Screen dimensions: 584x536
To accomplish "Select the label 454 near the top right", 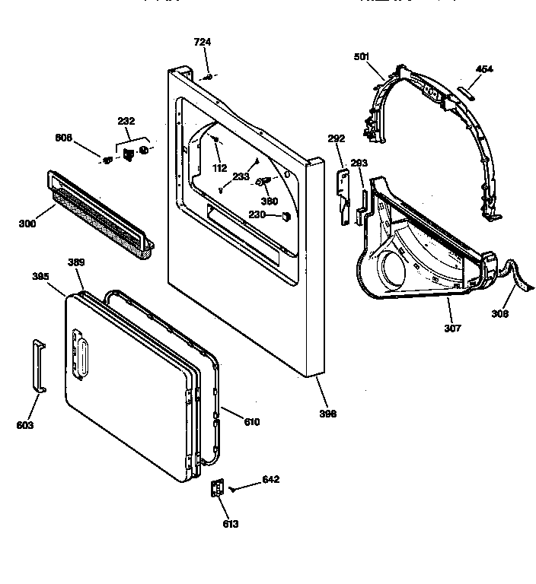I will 484,69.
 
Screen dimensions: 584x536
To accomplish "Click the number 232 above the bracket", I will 126,121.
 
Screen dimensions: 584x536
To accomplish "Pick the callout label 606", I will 64,138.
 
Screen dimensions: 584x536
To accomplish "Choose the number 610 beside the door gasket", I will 251,421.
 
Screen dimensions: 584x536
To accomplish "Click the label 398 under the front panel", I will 327,414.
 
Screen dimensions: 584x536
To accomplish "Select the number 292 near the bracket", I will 336,138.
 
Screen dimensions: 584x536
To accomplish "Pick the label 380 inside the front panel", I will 270,202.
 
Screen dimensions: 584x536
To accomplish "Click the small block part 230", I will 287,216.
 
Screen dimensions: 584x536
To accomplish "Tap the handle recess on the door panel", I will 81,355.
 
